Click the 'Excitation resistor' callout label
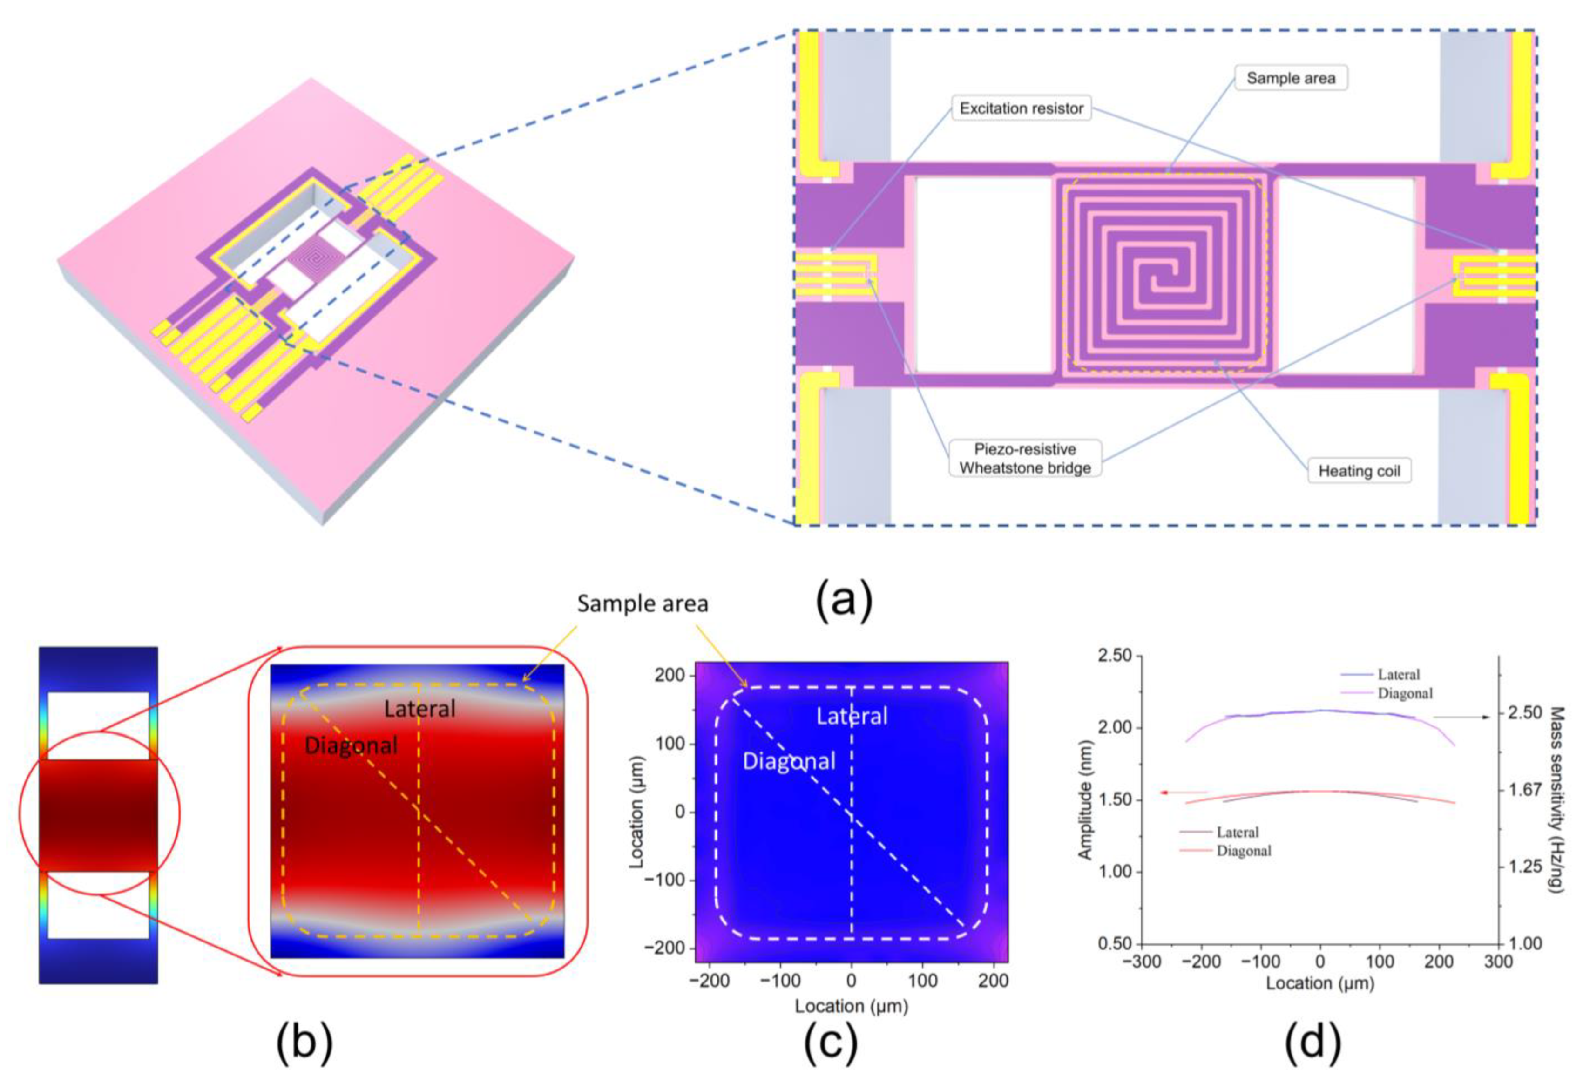coord(1021,108)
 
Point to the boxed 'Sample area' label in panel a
coord(1290,78)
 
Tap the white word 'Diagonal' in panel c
coord(788,761)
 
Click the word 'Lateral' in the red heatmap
coord(419,709)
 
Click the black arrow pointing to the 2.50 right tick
coord(1461,717)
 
